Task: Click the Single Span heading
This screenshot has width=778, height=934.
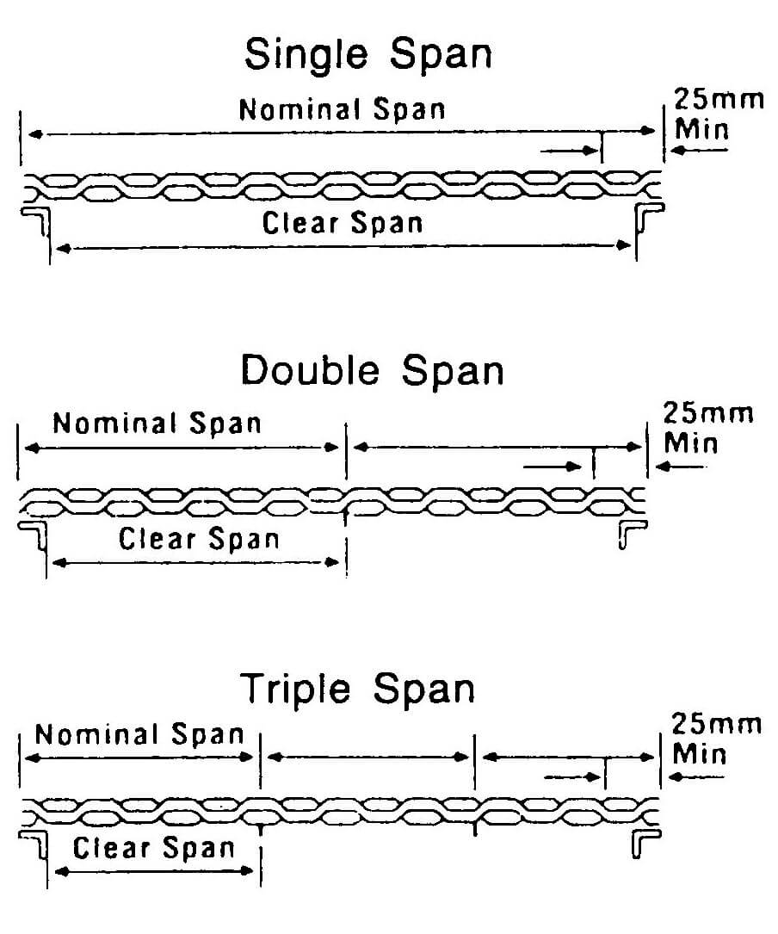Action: point(368,54)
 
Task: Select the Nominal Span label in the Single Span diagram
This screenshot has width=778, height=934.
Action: point(342,110)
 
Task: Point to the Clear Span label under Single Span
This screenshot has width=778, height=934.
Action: point(343,224)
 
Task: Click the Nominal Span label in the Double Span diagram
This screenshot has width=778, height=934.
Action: point(156,424)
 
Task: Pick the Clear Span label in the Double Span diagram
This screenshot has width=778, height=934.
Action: point(199,540)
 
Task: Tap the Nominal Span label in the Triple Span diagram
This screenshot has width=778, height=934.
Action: point(139,734)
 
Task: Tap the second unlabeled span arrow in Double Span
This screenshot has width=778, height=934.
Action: point(497,448)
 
